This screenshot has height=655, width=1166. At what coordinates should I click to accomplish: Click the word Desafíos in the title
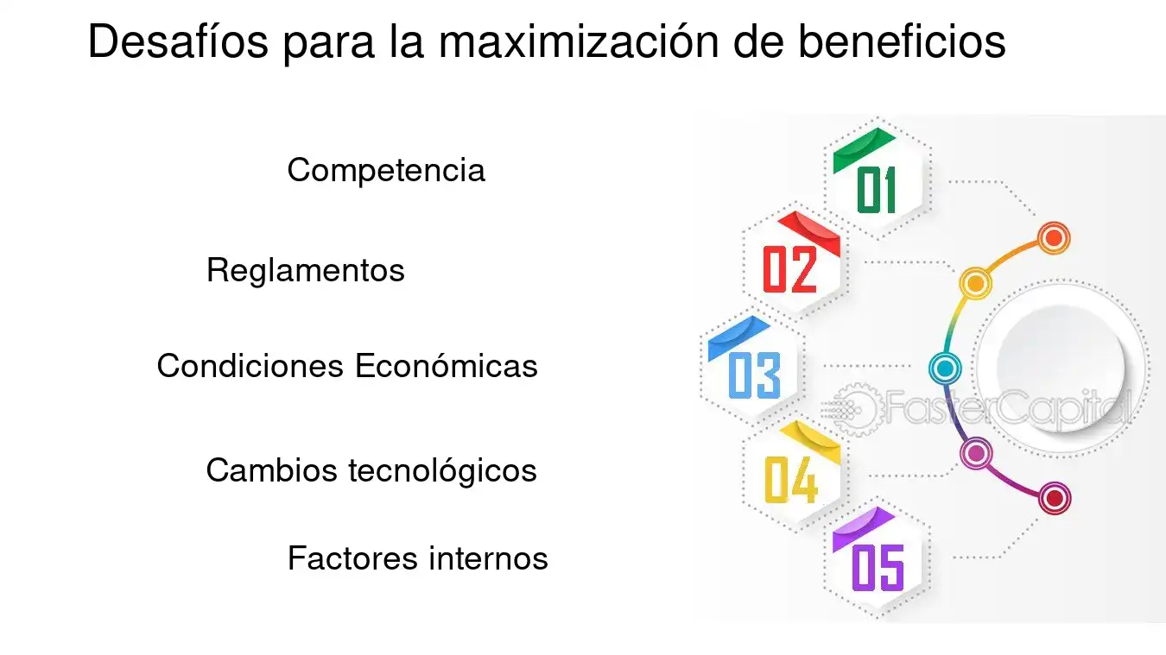178,41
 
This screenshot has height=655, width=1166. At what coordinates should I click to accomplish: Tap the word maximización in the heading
579,41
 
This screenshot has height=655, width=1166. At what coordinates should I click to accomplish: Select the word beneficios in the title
902,41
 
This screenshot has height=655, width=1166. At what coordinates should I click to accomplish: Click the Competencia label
386,170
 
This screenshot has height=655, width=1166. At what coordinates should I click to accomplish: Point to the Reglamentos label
306,270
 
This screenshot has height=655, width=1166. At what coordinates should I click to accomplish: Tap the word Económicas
446,365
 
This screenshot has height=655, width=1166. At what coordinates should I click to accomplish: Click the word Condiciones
250,365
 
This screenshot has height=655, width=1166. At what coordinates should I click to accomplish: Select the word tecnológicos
442,471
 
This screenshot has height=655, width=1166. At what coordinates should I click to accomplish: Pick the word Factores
352,558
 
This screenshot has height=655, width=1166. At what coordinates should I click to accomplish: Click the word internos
488,558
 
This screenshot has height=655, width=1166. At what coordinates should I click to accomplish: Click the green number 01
877,190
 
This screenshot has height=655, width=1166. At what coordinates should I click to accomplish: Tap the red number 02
790,269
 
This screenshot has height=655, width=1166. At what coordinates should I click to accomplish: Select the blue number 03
755,375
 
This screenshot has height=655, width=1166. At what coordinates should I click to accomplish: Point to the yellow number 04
791,479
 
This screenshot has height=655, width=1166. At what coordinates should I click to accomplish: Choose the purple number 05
878,568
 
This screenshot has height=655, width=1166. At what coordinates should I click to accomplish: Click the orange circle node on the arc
1054,238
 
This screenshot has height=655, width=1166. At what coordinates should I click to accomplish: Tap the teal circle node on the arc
945,368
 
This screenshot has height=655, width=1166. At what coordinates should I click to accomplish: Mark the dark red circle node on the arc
1055,499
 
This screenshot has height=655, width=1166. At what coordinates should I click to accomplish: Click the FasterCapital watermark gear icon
853,409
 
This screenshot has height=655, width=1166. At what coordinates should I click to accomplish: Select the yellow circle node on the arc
975,284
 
